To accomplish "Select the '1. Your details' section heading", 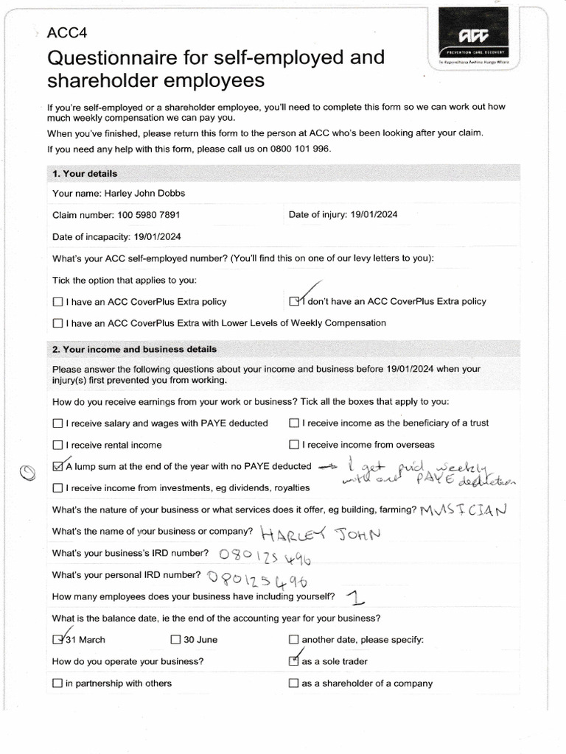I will coord(85,174).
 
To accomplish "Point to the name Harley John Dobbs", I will coord(144,194).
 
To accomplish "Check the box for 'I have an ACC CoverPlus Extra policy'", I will coord(57,302).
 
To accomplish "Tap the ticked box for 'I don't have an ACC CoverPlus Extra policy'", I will coord(295,301).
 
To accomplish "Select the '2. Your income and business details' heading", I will coord(134,349).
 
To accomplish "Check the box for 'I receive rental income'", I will coord(57,445).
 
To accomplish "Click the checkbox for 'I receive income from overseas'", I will coord(294,445).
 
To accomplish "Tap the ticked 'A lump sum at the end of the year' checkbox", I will coord(58,466).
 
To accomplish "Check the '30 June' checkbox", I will coord(175,640).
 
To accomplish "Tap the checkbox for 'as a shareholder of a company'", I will coord(294,683).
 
